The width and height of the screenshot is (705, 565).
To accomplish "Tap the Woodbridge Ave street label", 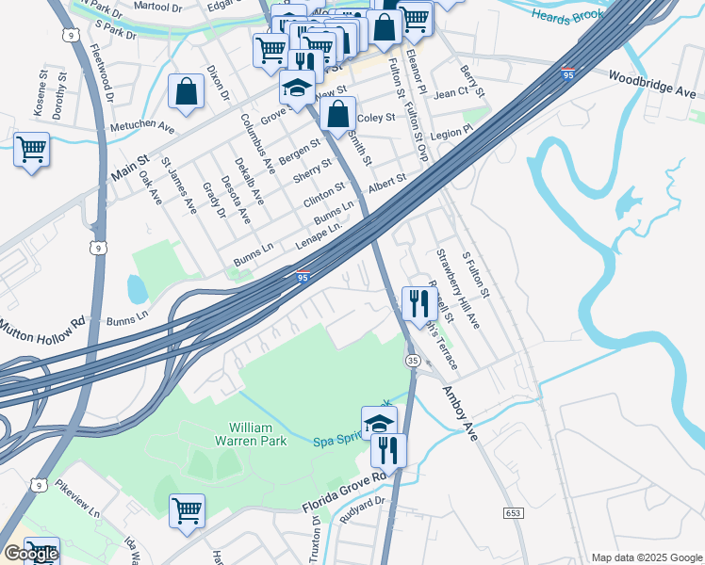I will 651,85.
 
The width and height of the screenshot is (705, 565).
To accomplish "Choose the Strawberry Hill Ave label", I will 457,289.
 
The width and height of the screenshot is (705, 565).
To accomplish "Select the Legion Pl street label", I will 452,134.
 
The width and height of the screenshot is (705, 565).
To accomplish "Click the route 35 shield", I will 413,361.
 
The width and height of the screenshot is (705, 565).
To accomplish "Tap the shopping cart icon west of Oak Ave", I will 31,149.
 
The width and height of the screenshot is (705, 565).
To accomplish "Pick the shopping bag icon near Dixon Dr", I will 186,92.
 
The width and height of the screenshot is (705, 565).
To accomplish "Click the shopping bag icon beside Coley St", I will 337,115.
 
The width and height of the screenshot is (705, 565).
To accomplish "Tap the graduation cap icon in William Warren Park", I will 379,423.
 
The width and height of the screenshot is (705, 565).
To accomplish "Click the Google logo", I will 31,554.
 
